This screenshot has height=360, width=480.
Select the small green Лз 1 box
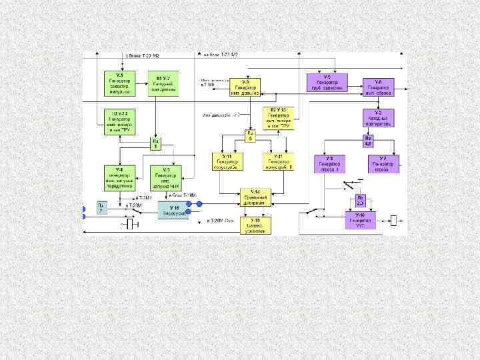tap(156, 143)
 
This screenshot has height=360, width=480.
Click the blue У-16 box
tap(173, 211)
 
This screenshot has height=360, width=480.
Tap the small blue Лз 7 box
tap(101, 208)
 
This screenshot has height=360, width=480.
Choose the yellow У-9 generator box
tap(245, 87)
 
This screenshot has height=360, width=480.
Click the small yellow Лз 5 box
tap(251, 136)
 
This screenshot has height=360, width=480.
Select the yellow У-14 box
tap(254, 197)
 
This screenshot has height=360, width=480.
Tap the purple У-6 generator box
tap(378, 87)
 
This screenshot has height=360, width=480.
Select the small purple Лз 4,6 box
tap(368, 141)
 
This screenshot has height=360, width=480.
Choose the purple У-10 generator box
tap(360, 220)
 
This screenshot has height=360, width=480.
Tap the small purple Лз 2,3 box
tap(360, 200)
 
